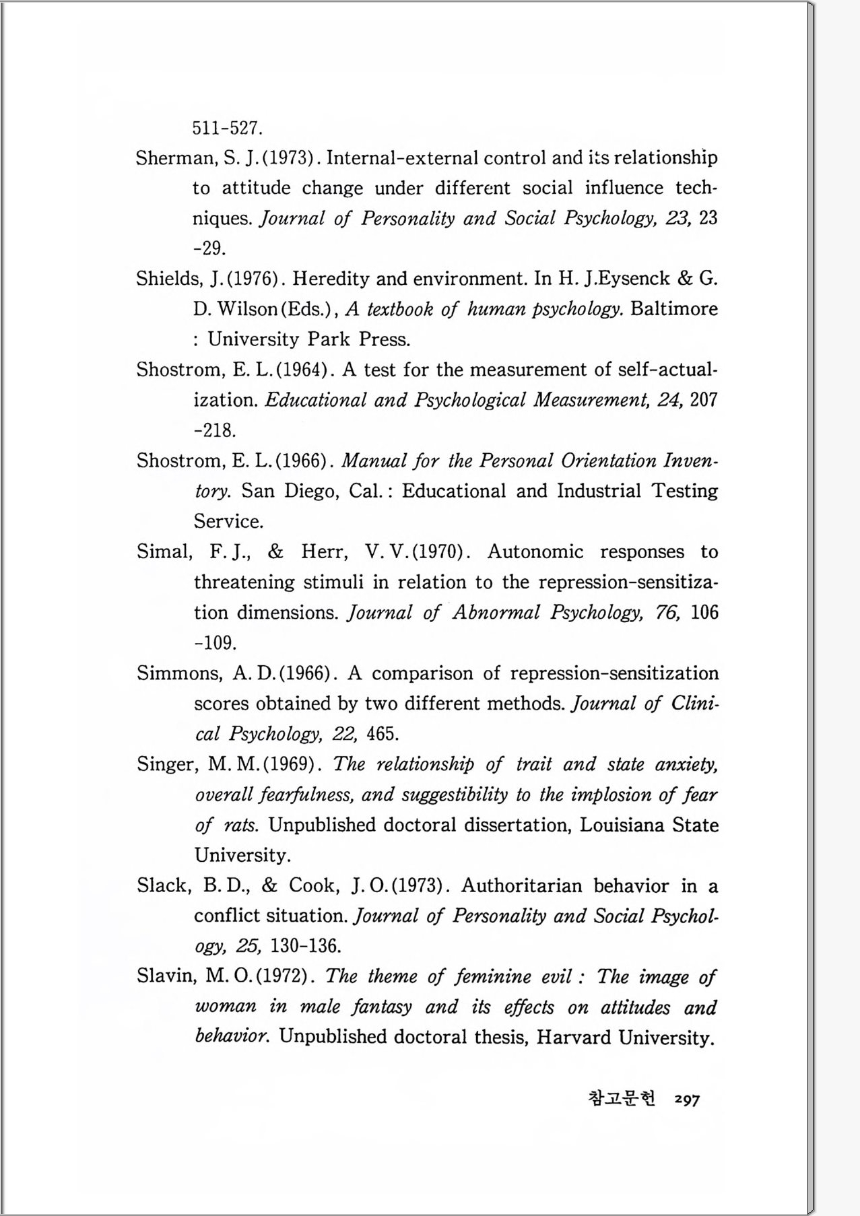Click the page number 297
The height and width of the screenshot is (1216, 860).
pyautogui.click(x=687, y=1100)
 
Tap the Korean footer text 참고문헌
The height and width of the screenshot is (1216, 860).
pyautogui.click(x=621, y=1099)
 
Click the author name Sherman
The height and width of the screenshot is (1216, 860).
pyautogui.click(x=175, y=158)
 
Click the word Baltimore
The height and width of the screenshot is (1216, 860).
pyautogui.click(x=674, y=309)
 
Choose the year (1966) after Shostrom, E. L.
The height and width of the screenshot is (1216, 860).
pyautogui.click(x=303, y=461)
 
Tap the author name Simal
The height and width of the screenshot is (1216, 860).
pyautogui.click(x=164, y=552)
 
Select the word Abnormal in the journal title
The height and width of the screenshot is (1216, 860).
pyautogui.click(x=496, y=613)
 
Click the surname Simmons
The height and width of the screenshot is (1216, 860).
pyautogui.click(x=179, y=674)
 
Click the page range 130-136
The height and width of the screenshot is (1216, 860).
pyautogui.click(x=305, y=947)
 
